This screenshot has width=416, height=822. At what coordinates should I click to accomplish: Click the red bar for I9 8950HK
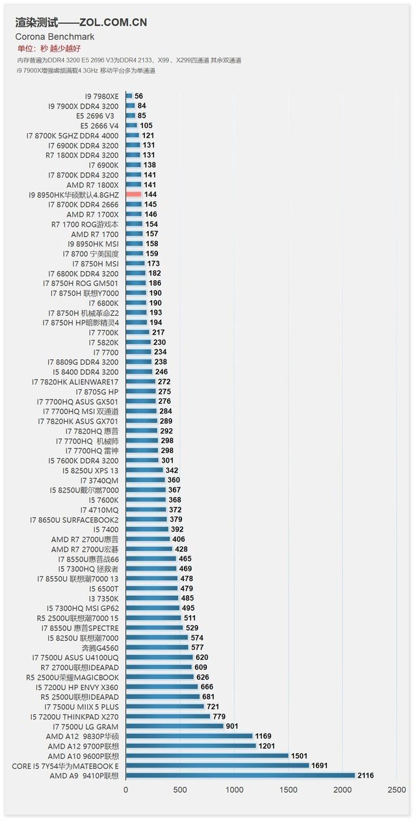point(133,194)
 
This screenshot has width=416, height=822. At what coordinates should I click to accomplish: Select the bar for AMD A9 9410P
point(240,775)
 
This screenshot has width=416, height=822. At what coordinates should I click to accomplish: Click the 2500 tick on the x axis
point(396,790)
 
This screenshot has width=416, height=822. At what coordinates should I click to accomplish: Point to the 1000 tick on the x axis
point(234,790)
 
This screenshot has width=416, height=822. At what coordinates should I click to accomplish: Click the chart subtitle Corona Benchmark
point(55,37)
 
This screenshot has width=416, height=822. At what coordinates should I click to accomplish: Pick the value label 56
point(138,96)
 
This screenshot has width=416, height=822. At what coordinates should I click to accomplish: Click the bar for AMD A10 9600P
point(207,756)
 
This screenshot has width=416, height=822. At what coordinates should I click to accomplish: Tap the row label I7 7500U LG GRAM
point(85,726)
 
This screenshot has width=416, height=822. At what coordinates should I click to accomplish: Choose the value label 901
point(232,726)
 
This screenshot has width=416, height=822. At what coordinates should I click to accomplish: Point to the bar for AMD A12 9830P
point(188,736)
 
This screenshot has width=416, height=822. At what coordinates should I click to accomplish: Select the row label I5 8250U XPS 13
point(90,470)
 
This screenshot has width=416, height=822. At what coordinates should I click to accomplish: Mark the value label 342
point(172,470)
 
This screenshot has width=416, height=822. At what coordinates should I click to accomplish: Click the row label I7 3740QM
point(99,480)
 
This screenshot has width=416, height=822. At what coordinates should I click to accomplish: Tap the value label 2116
point(365,775)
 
